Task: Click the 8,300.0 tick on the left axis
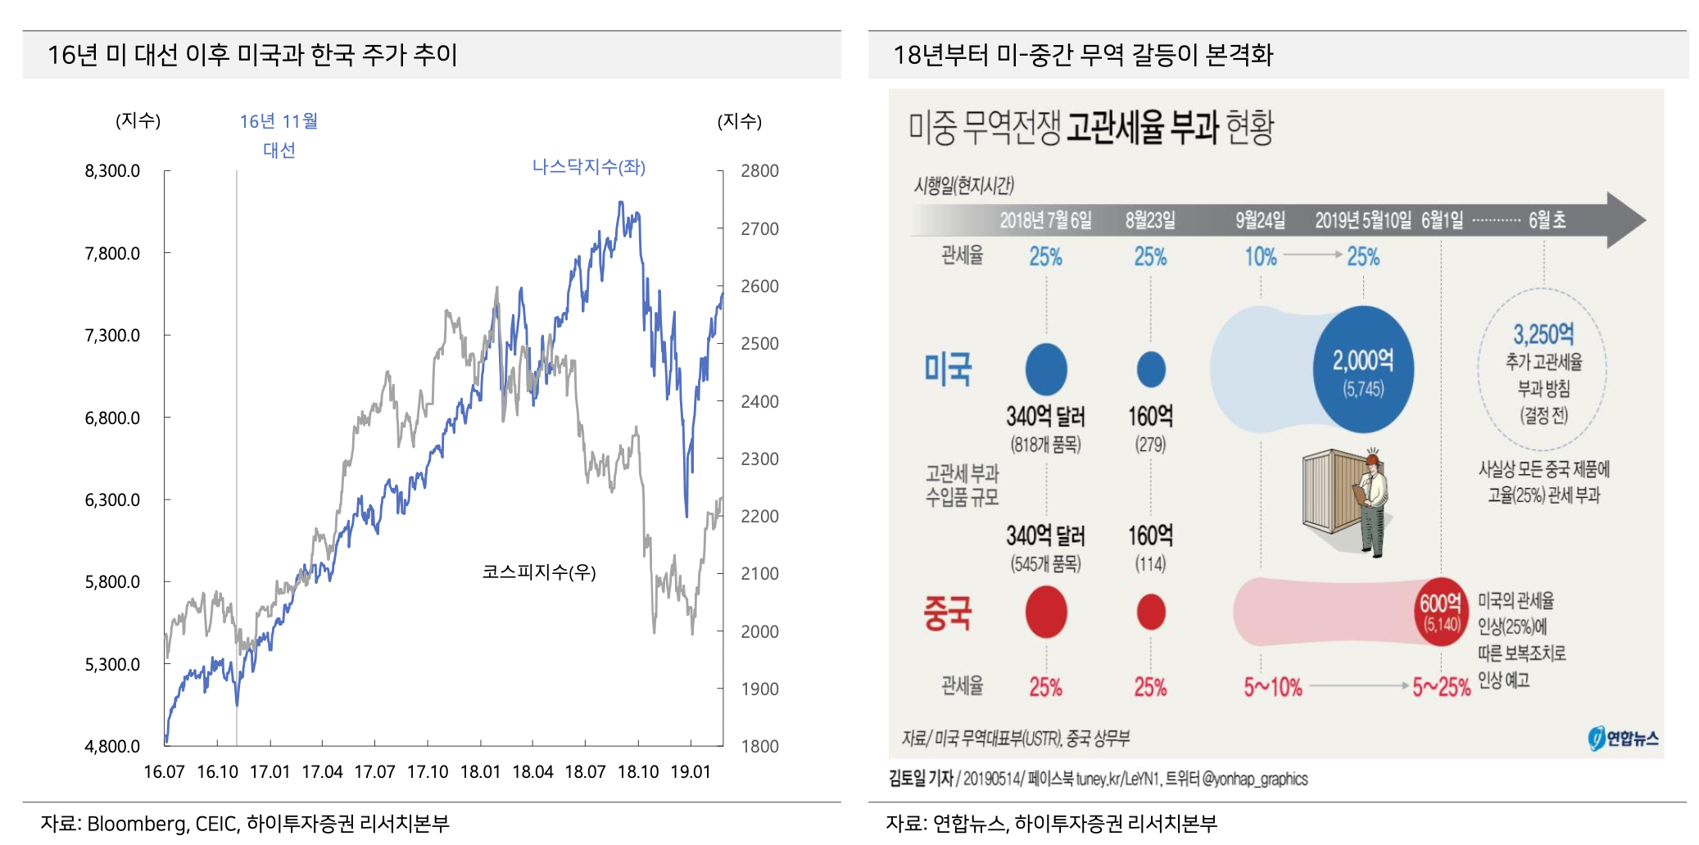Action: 112,171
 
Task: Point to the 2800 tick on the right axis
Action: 759,171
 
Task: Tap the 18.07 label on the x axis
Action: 585,772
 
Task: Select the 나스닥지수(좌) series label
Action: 588,167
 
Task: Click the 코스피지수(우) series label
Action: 538,572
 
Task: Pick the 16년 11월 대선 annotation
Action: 279,136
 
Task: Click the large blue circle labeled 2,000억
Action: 1363,370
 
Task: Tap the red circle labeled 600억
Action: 1440,612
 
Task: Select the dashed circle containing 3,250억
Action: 1543,368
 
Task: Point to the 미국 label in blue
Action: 948,369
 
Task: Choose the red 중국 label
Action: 948,612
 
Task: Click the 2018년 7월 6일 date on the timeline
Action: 1045,220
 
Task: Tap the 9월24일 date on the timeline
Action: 1260,220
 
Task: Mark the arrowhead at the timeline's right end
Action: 1626,219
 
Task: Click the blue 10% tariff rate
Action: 1261,257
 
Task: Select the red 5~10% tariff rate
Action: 1272,687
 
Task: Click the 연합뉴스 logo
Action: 1623,738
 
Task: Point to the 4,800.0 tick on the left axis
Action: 112,747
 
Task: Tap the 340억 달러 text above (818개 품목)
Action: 1045,417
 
